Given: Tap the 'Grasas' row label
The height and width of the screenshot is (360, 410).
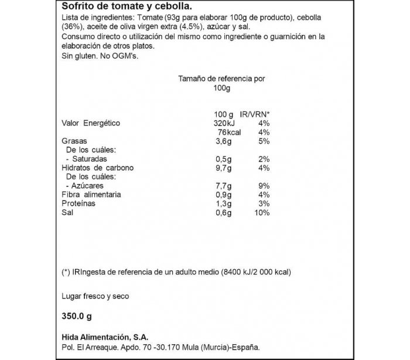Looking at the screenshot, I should click(x=74, y=141).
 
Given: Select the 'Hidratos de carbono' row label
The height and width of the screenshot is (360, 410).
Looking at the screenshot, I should click(x=97, y=168).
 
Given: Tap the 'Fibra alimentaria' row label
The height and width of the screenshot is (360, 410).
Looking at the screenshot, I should click(x=91, y=194).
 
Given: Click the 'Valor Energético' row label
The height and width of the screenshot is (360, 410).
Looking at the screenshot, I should click(x=91, y=123).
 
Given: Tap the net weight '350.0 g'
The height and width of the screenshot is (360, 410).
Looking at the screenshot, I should click(x=77, y=317).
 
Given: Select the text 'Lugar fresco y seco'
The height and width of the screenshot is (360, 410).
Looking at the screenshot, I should click(x=95, y=296).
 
